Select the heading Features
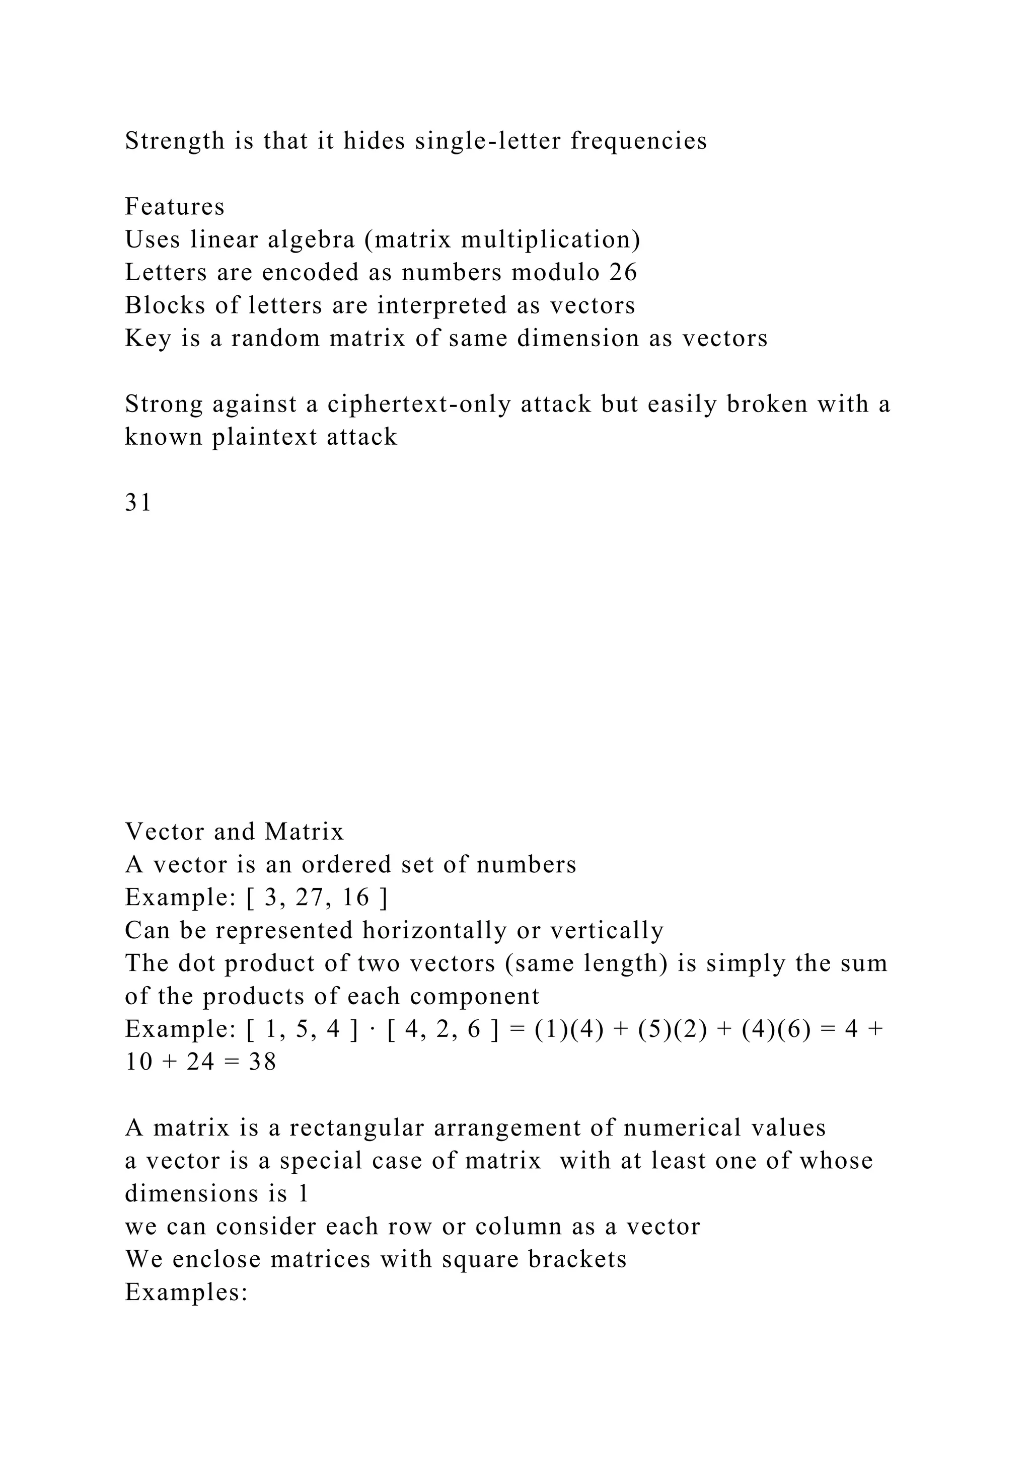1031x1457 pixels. click(175, 207)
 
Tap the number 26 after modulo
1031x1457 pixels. click(623, 273)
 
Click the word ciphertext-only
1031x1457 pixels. click(419, 404)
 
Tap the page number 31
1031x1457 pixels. click(138, 503)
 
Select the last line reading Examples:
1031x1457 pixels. click(186, 1292)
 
